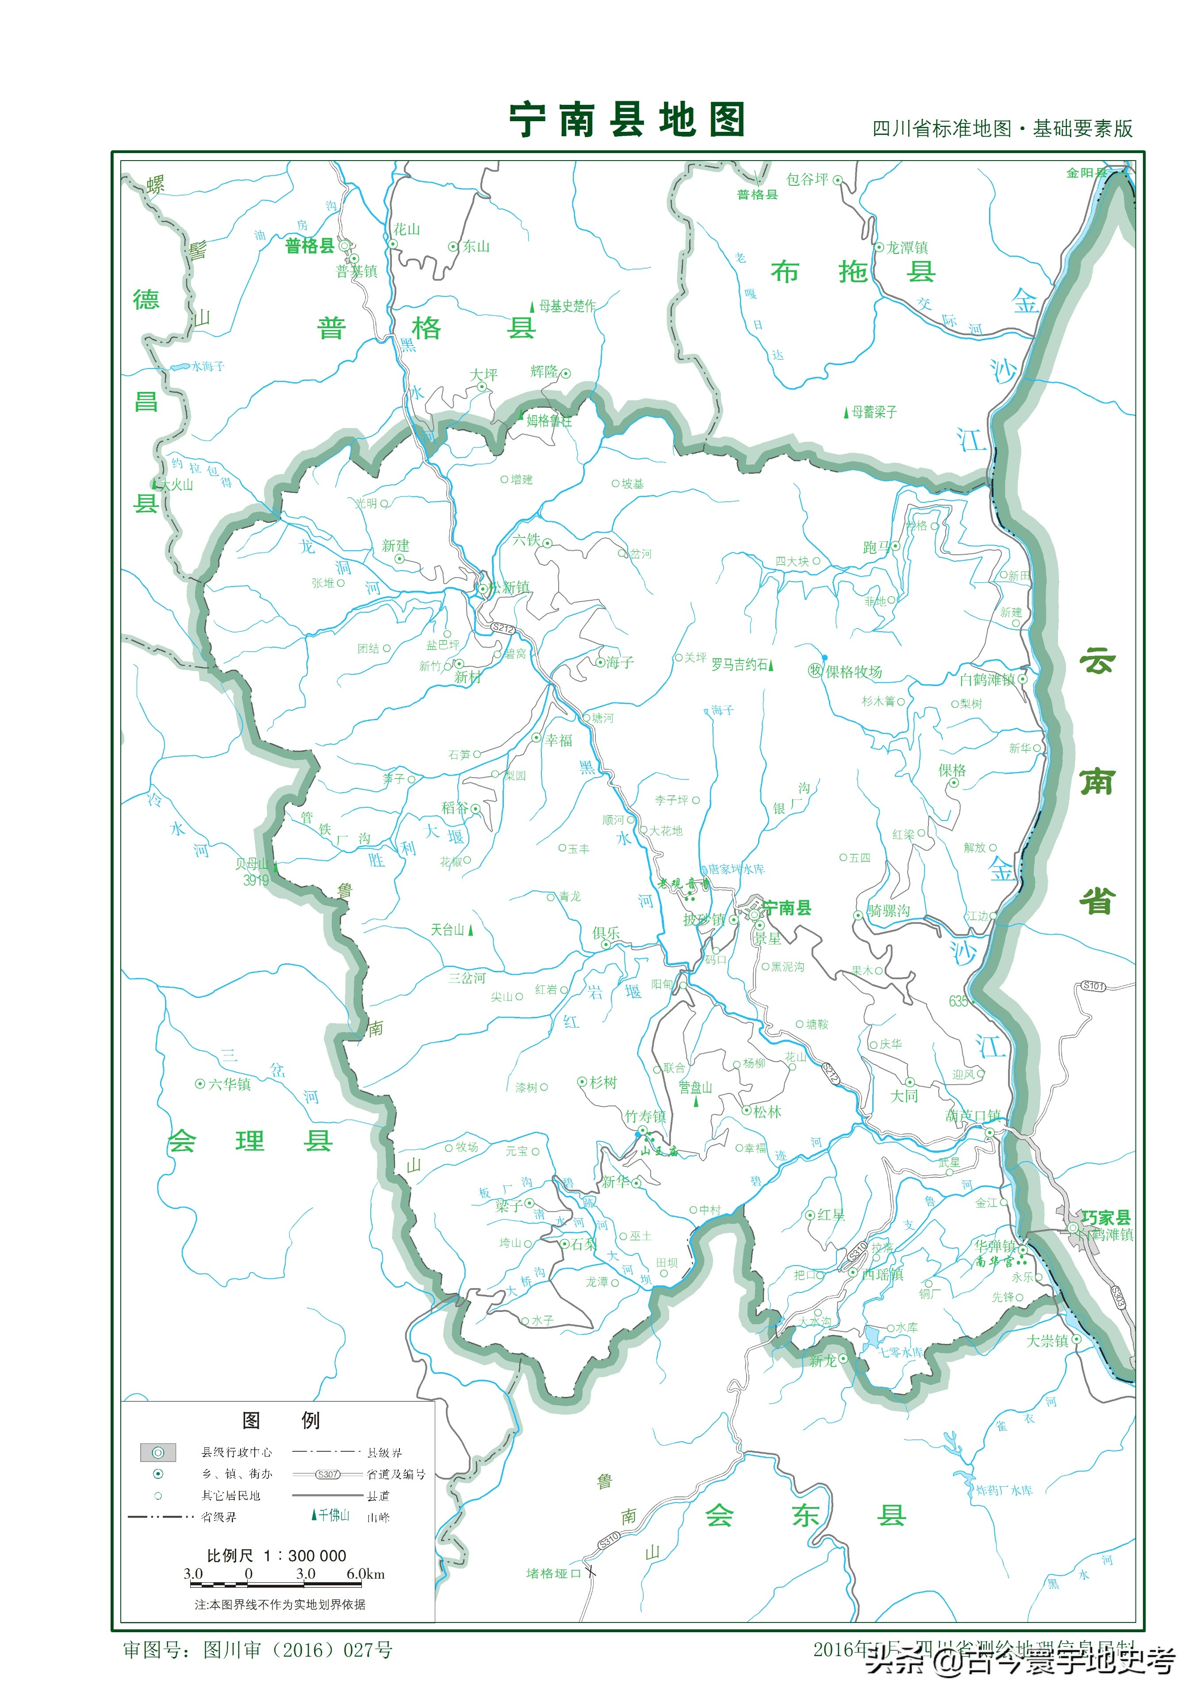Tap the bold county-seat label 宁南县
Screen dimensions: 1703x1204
[786, 908]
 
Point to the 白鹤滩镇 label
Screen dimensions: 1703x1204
[987, 679]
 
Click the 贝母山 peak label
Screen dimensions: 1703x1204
[252, 864]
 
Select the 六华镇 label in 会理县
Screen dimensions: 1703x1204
[229, 1085]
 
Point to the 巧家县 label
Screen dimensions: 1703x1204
[1105, 1217]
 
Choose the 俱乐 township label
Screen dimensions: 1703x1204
[606, 933]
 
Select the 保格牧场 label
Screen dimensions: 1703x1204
[854, 672]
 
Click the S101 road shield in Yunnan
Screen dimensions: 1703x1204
[1093, 986]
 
